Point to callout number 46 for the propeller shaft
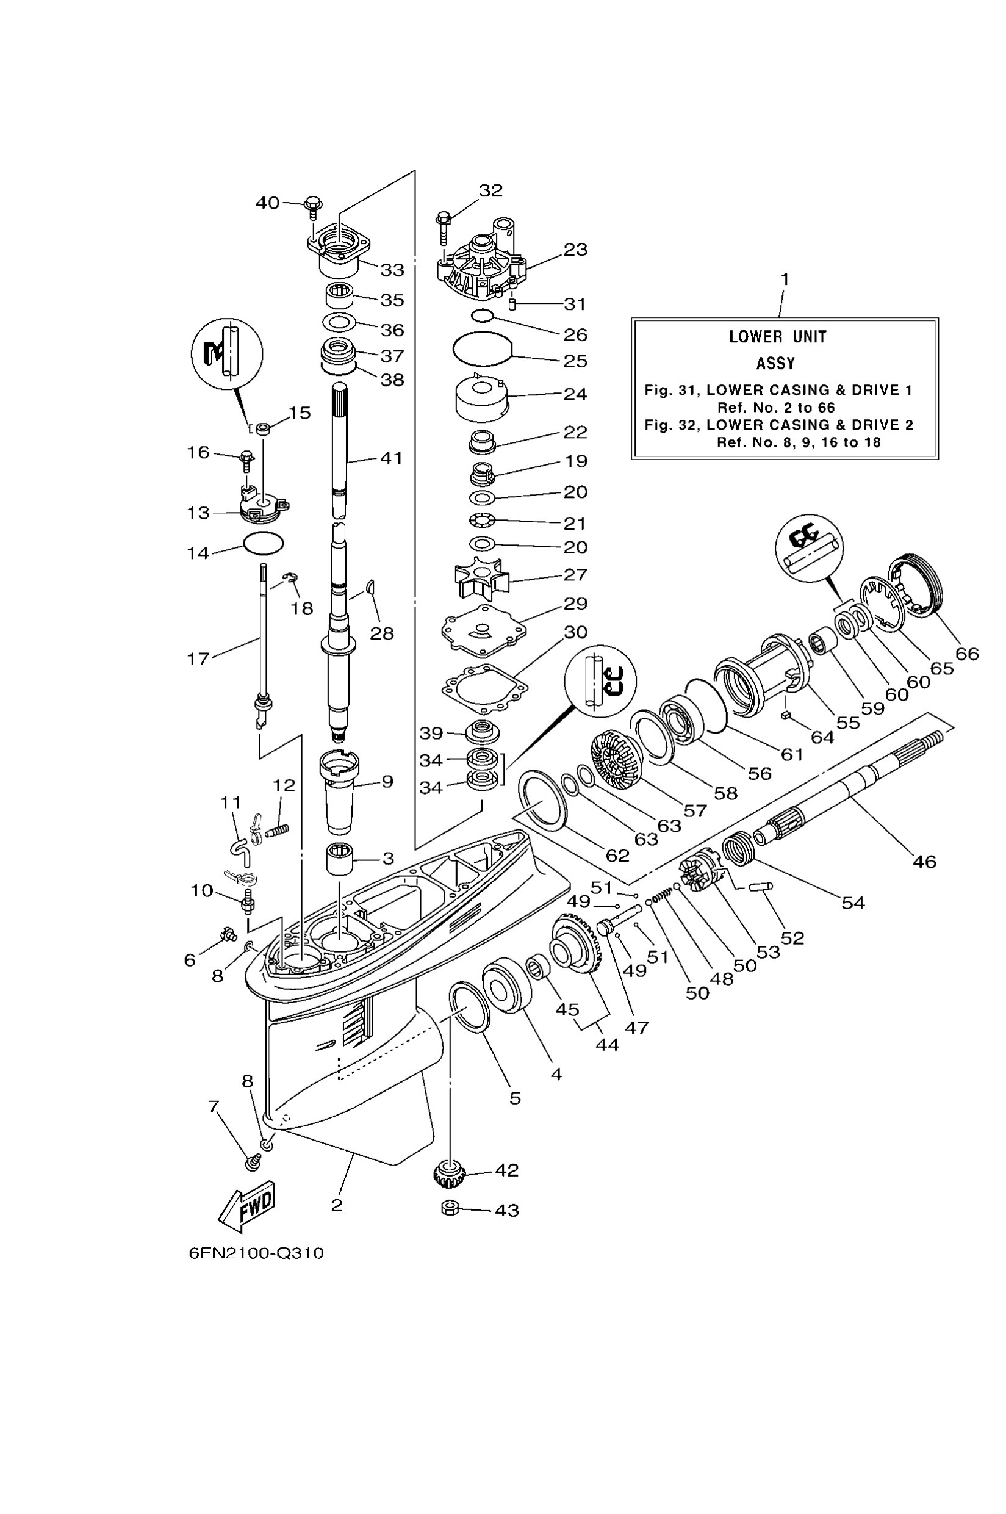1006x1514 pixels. click(x=924, y=861)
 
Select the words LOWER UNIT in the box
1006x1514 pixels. click(x=778, y=336)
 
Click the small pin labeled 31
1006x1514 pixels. click(x=512, y=302)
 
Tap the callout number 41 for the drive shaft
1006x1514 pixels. click(x=392, y=458)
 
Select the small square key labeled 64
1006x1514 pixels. click(x=785, y=715)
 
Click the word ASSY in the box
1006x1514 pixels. click(x=775, y=363)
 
